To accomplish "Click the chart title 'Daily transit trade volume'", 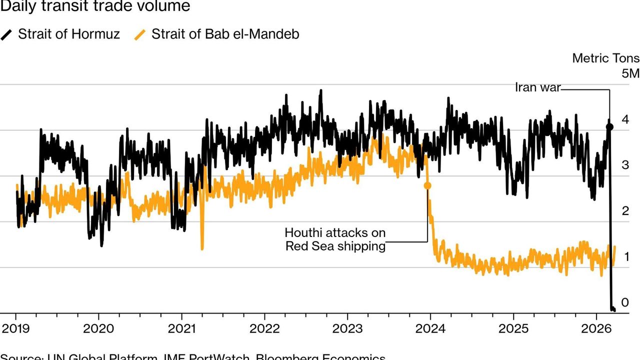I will [x=95, y=6].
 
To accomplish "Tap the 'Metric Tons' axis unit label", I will [x=605, y=58].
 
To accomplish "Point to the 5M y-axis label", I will [x=630, y=73].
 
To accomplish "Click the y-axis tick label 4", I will [x=624, y=120].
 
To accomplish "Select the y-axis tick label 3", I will [x=624, y=165].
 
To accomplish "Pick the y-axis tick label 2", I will [x=624, y=211].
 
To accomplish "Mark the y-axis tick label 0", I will [x=624, y=302].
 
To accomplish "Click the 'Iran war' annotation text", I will [x=537, y=87].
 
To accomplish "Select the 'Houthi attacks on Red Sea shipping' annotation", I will [x=335, y=239].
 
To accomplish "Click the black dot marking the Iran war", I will [x=609, y=127].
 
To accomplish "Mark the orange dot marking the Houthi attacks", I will [x=427, y=185].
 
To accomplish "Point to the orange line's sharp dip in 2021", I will [x=202, y=248].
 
